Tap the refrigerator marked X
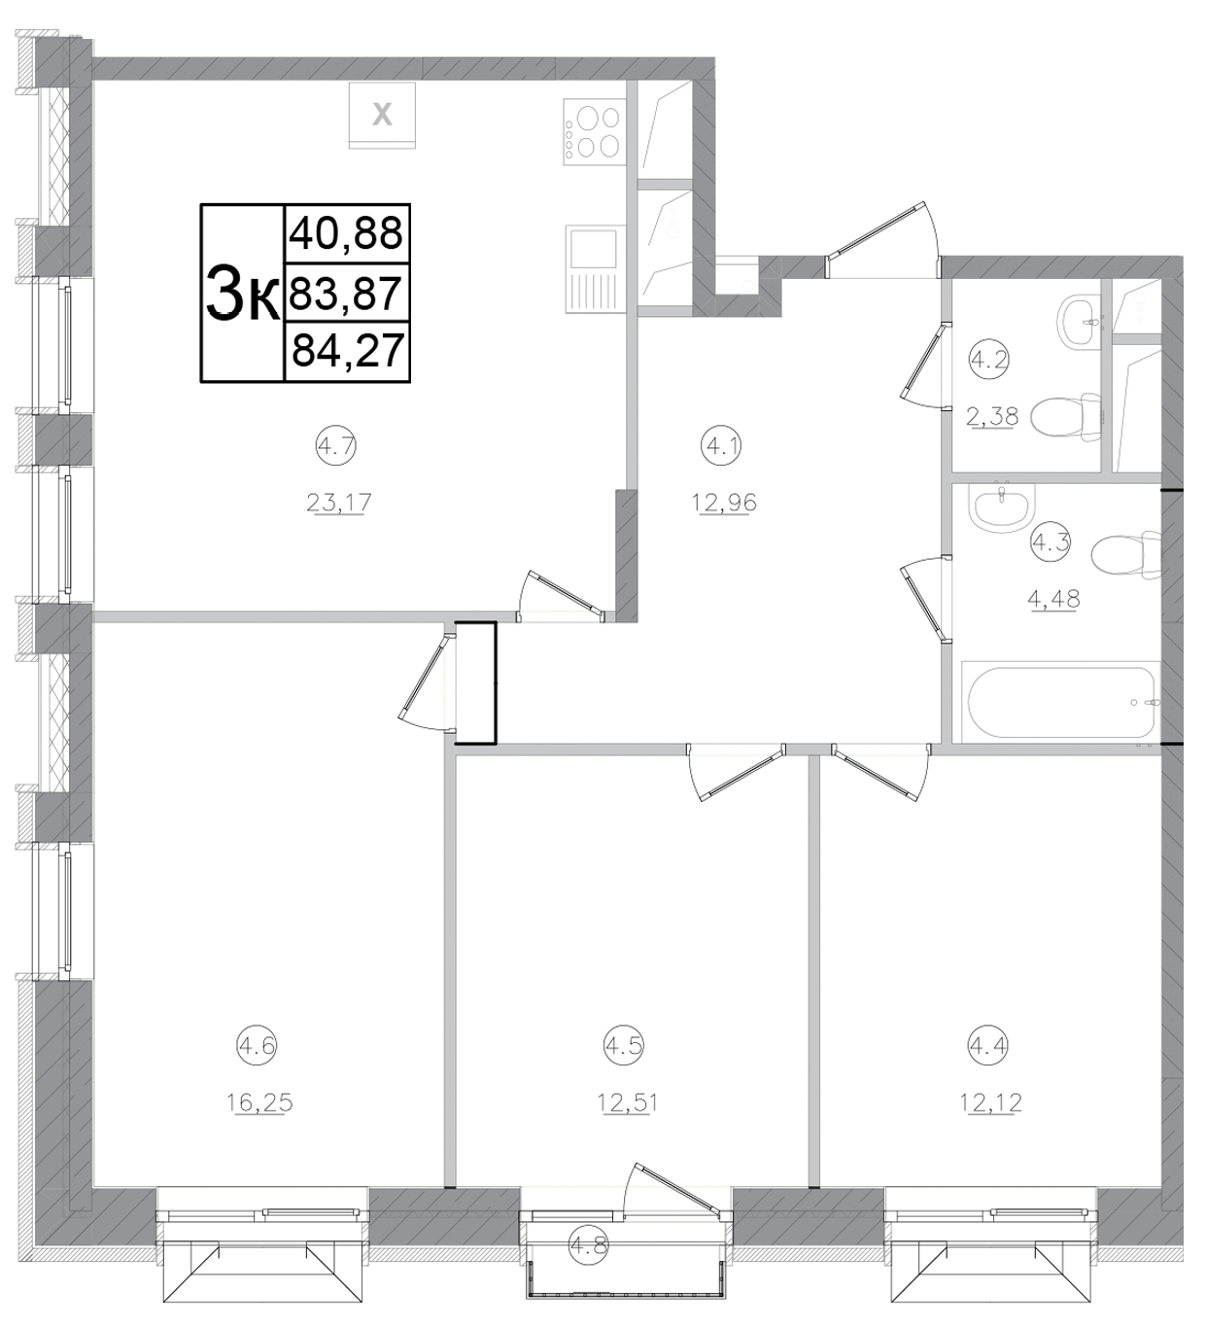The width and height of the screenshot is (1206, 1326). (x=382, y=115)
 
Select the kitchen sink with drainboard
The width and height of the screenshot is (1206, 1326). (x=592, y=269)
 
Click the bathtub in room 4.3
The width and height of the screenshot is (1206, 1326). (x=1060, y=702)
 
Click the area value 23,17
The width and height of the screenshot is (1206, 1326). (x=339, y=503)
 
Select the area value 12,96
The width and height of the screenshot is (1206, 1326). (x=724, y=503)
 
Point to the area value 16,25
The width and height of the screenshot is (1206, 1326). (x=259, y=1102)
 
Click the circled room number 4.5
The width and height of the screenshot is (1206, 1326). (x=625, y=1046)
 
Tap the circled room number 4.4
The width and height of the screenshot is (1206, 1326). (x=988, y=1046)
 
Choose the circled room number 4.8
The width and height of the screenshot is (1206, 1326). (x=587, y=1246)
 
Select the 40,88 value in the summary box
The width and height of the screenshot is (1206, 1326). (x=347, y=233)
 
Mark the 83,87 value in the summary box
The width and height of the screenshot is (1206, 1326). (x=346, y=292)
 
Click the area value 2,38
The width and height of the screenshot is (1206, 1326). (x=991, y=417)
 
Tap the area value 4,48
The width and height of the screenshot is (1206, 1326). (x=1053, y=599)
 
